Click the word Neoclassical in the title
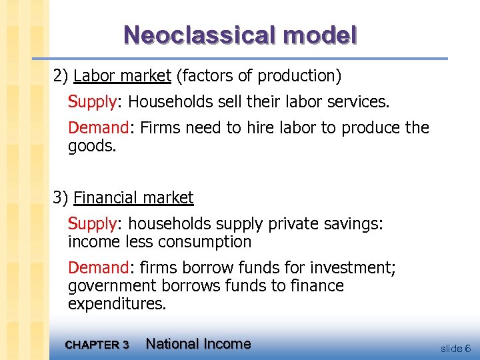point(193,35)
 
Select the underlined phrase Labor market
point(123,76)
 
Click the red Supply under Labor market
point(93,102)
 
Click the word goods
point(92,145)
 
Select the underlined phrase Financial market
point(133,198)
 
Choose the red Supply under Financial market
point(93,224)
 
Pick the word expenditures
point(117,304)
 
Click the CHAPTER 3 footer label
point(97,345)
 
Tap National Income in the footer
point(198,344)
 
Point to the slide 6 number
point(455,348)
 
